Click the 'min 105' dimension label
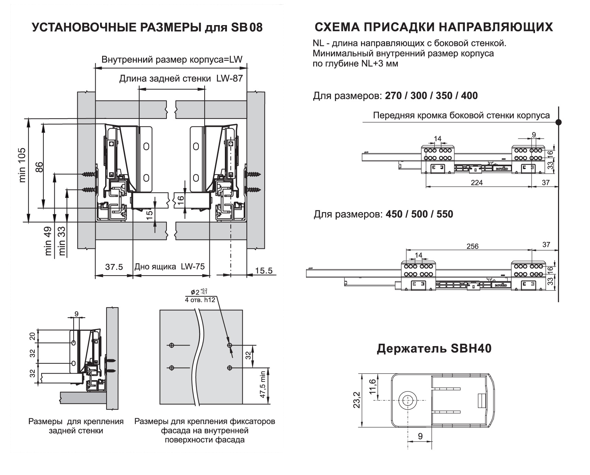point(22,165)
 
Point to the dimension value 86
point(40,167)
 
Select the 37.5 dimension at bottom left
point(114,267)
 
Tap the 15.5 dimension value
point(264,270)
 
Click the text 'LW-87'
point(229,78)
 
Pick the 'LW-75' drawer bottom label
point(193,266)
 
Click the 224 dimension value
point(477,183)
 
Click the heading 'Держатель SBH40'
point(434,349)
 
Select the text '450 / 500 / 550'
point(419,214)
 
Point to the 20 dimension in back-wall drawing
point(32,336)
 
